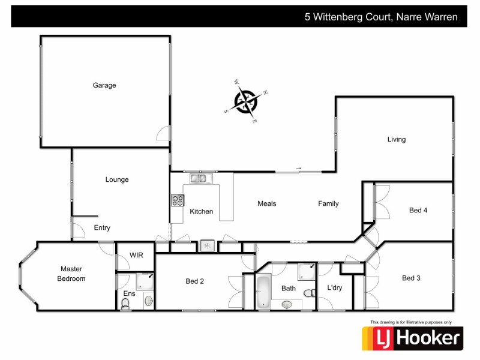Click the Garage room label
click(x=104, y=85)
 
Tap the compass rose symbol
click(x=245, y=101)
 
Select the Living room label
click(x=396, y=139)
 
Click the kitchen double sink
click(x=199, y=178)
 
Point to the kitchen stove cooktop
click(x=178, y=200)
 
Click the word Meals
click(x=267, y=203)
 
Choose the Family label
click(x=328, y=203)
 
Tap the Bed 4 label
click(x=418, y=210)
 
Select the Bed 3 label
click(x=411, y=278)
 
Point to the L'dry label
click(x=334, y=288)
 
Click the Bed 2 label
click(x=195, y=281)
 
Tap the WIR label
click(x=136, y=255)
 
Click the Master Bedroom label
click(x=71, y=274)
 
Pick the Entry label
click(x=102, y=227)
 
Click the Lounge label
click(x=117, y=179)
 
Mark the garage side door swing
click(x=163, y=133)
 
